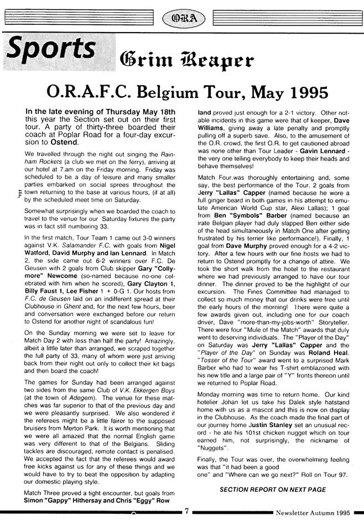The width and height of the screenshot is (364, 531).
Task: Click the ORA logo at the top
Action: coord(182,18)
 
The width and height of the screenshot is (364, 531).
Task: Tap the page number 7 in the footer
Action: coord(187,512)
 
